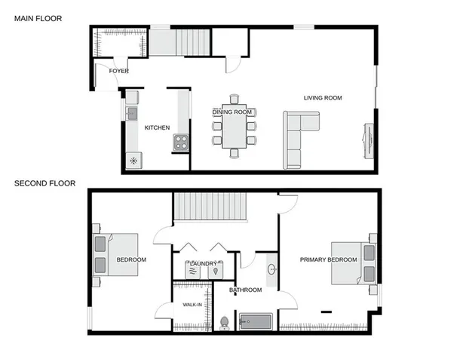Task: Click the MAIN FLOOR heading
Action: pyautogui.click(x=38, y=17)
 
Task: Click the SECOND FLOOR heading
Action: pyautogui.click(x=45, y=183)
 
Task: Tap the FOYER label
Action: pyautogui.click(x=118, y=71)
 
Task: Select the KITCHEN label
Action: pyautogui.click(x=157, y=127)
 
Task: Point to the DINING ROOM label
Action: pyautogui.click(x=231, y=112)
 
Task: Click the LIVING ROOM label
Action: pyautogui.click(x=323, y=98)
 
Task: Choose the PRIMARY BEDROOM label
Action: pyautogui.click(x=328, y=260)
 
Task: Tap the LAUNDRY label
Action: pyautogui.click(x=204, y=263)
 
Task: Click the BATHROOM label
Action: pyautogui.click(x=246, y=290)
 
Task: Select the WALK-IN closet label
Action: pyautogui.click(x=192, y=305)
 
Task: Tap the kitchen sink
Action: pyautogui.click(x=132, y=115)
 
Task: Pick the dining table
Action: pyautogui.click(x=234, y=129)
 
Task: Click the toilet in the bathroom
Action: pyautogui.click(x=224, y=323)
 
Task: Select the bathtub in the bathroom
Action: pyautogui.click(x=256, y=322)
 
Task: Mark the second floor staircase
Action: pyautogui.click(x=210, y=207)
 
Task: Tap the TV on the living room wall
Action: pyautogui.click(x=367, y=141)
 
